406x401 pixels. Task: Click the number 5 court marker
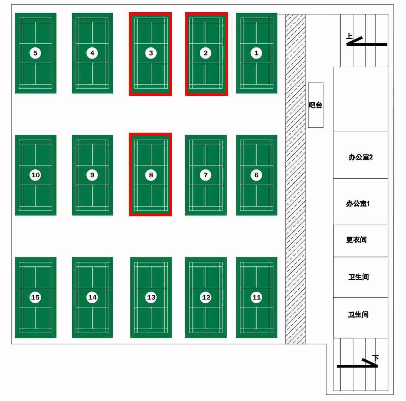(35, 53)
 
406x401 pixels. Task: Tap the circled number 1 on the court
(256, 53)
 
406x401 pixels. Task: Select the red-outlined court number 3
(151, 53)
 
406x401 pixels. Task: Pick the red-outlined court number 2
(206, 53)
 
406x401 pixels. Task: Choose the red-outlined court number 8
(151, 175)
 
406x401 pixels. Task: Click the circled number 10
(35, 175)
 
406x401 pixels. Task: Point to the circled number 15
(35, 297)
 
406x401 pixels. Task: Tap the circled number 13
(151, 297)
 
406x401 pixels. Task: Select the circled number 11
(256, 297)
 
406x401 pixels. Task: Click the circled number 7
(206, 175)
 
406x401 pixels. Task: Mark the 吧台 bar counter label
(315, 105)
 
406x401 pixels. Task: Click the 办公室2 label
(361, 157)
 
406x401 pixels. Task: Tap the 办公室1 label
(358, 203)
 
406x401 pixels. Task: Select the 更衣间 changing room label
(356, 240)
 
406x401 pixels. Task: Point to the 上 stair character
(349, 36)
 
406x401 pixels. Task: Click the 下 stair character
(375, 357)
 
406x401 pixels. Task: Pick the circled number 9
(92, 175)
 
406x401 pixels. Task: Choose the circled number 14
(92, 297)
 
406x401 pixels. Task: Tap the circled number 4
(92, 53)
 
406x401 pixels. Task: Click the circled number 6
(256, 175)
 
